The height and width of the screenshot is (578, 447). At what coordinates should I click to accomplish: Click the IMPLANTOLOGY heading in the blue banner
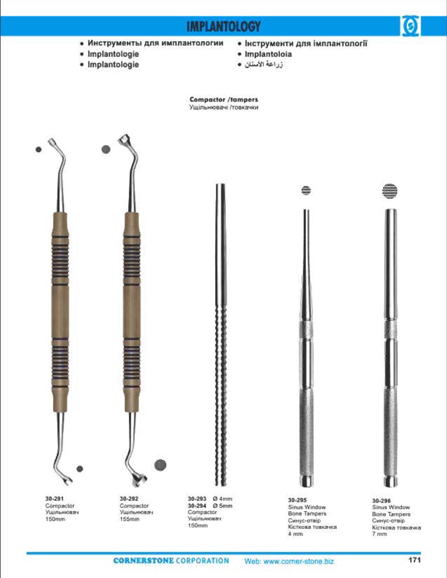point(223,27)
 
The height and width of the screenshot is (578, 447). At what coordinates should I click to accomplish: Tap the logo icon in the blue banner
point(410,27)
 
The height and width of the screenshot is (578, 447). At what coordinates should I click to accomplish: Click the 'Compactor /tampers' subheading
point(223,99)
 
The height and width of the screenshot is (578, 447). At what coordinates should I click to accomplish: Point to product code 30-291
point(54,498)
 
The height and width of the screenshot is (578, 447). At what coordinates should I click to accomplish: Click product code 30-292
point(129,498)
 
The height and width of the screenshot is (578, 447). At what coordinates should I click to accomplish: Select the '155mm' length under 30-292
point(129,519)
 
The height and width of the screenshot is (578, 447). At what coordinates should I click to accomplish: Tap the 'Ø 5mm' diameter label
point(223,506)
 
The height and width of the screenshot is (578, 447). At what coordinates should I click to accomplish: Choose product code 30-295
point(297,500)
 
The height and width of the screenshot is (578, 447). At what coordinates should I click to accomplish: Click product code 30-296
point(381,500)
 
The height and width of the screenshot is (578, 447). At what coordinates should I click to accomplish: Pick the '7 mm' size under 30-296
point(379,534)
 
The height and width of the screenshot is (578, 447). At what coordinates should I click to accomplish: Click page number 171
point(414,560)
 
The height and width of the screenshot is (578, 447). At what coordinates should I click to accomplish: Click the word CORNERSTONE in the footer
point(143,561)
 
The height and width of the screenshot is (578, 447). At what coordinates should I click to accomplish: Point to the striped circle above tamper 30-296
point(389,190)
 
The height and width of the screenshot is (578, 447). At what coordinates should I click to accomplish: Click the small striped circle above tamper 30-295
point(306,190)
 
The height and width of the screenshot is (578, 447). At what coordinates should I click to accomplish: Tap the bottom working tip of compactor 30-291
point(66,479)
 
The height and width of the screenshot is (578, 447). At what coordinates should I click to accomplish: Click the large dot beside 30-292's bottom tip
point(160,465)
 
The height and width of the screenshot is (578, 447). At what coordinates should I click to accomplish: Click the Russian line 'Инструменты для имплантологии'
point(155,43)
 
